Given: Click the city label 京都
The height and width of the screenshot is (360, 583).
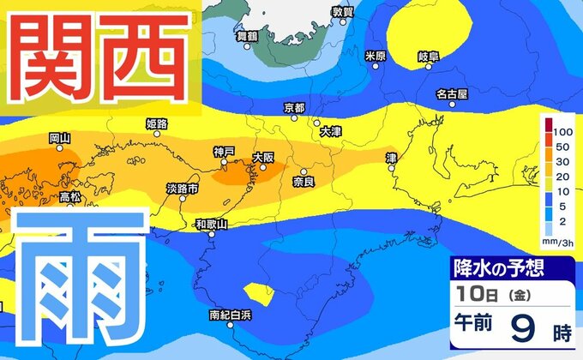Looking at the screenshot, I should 294,108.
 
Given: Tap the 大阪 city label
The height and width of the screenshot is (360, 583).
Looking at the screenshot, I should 262,157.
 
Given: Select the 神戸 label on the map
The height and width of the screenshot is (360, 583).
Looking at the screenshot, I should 224,152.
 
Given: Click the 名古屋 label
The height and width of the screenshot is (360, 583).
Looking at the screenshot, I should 451,93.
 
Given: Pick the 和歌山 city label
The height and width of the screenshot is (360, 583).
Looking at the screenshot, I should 211,224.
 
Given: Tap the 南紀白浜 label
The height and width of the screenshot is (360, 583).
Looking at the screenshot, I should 231,315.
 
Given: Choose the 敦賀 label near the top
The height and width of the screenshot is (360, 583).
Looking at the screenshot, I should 342,12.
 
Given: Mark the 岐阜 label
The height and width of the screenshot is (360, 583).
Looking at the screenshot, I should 429,57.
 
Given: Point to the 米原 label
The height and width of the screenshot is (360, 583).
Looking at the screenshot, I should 376,57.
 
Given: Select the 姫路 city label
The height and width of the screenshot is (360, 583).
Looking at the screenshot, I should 158,124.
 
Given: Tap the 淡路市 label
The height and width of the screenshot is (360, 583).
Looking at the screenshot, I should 183,188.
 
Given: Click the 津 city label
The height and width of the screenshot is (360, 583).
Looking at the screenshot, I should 392,159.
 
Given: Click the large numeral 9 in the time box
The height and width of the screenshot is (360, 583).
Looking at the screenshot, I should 523,327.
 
